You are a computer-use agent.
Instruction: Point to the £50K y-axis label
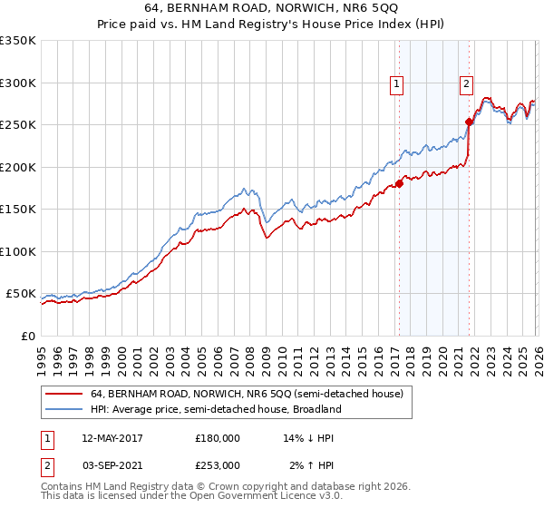[x=21, y=294]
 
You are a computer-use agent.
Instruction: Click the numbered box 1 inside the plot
[x=397, y=84]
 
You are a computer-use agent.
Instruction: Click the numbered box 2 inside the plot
[x=466, y=84]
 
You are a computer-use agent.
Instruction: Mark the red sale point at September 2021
[x=469, y=122]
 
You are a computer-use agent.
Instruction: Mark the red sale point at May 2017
[x=399, y=184]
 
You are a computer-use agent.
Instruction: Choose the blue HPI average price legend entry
[x=215, y=409]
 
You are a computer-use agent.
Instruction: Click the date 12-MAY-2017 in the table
[x=112, y=437]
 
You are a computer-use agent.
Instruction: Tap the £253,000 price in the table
[x=218, y=464]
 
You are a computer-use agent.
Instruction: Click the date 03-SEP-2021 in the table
[x=112, y=464]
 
